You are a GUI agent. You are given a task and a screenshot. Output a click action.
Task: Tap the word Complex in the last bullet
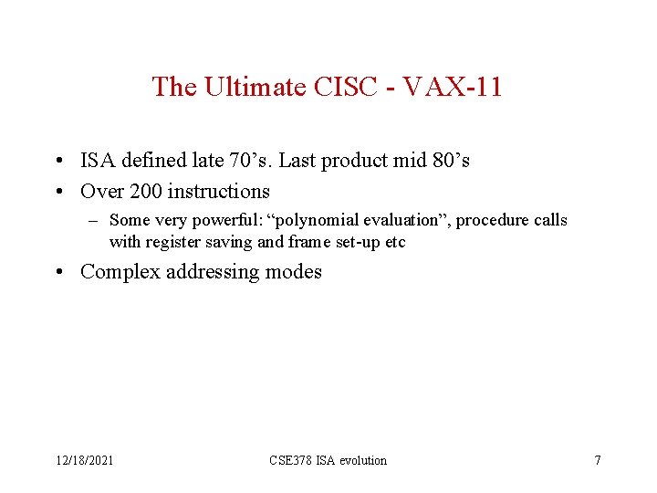point(119,272)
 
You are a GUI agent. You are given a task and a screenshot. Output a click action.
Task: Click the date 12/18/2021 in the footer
point(82,460)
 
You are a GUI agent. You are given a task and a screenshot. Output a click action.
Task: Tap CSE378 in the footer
point(291,460)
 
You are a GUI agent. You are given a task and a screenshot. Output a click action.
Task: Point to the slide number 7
point(598,460)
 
